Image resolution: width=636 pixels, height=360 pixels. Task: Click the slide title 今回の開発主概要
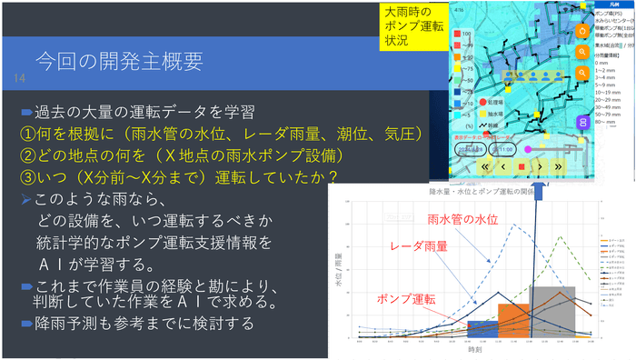(118, 62)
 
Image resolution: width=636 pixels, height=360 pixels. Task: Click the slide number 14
(17, 80)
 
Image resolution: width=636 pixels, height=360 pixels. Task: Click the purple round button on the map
(582, 121)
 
